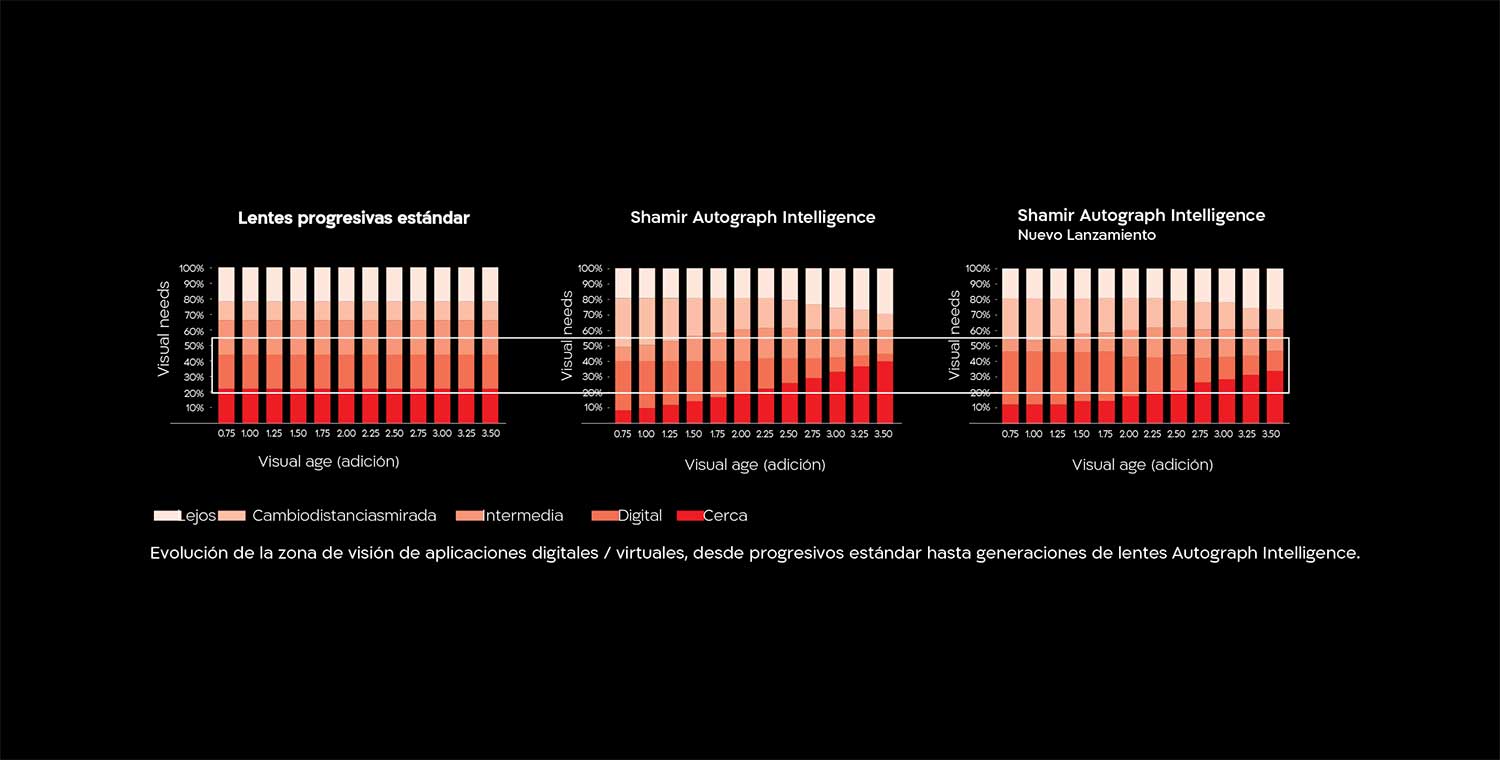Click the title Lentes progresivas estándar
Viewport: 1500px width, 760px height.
pyautogui.click(x=353, y=218)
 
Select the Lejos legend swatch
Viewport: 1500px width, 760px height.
pyautogui.click(x=165, y=516)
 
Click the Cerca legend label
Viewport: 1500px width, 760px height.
pyautogui.click(x=725, y=516)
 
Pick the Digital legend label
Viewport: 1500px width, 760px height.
pyautogui.click(x=640, y=516)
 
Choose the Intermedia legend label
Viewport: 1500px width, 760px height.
pyautogui.click(x=523, y=516)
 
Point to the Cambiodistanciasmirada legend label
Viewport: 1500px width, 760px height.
pyautogui.click(x=344, y=516)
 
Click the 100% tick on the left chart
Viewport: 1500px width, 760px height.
pyautogui.click(x=191, y=269)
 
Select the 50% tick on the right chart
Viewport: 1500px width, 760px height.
pyautogui.click(x=978, y=346)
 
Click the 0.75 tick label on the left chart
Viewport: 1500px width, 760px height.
pyautogui.click(x=227, y=434)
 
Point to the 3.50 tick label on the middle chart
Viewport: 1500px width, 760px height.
pyautogui.click(x=883, y=435)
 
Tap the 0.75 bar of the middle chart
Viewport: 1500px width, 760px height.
pyautogui.click(x=623, y=345)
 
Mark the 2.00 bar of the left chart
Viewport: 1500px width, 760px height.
pyautogui.click(x=346, y=345)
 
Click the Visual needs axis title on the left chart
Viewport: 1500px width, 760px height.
pyautogui.click(x=164, y=328)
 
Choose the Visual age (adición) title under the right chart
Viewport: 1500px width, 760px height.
pyautogui.click(x=1142, y=465)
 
